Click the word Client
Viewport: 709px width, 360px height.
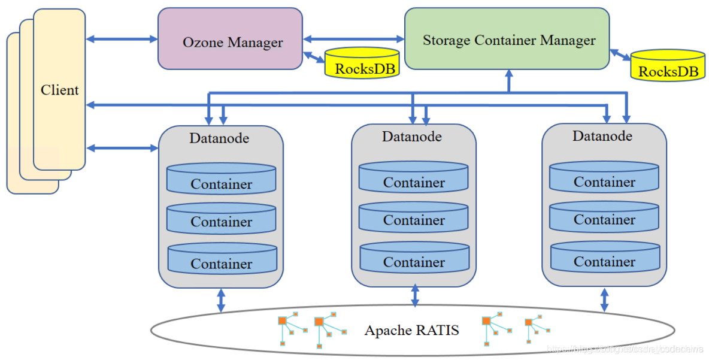point(59,90)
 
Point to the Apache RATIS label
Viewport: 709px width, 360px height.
point(412,330)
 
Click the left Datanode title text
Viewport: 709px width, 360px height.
point(219,138)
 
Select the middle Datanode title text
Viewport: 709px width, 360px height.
point(412,137)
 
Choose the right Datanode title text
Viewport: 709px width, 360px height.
point(602,136)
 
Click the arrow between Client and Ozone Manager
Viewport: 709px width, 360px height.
point(122,40)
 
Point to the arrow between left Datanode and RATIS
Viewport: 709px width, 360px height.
point(221,300)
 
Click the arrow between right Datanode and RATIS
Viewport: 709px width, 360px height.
point(604,299)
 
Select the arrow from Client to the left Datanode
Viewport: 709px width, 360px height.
point(122,147)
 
